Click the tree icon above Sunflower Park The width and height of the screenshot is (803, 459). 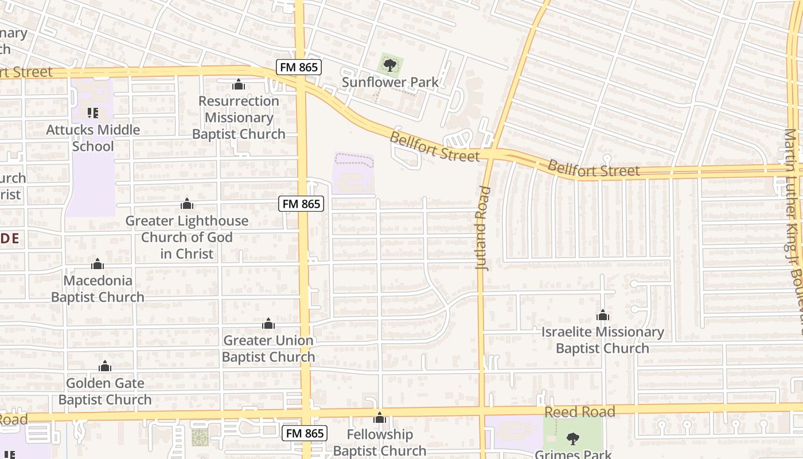pos(390,65)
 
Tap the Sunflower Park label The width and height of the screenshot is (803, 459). pos(390,82)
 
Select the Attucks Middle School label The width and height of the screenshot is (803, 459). pos(93,138)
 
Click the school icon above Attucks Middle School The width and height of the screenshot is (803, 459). pos(93,113)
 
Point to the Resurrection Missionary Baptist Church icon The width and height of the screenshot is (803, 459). pos(239,85)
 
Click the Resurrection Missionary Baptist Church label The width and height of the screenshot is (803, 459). pos(239,118)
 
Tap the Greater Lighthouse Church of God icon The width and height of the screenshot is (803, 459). pos(187,204)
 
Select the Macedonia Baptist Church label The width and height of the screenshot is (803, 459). pos(98,289)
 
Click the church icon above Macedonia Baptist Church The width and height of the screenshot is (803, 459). pos(98,264)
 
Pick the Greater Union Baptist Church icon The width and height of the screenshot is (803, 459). pos(268,324)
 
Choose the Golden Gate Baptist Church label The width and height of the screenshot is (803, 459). pos(105,391)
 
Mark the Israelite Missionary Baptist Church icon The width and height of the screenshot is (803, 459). pos(602,316)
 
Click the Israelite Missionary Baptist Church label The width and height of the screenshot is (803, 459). pos(602,340)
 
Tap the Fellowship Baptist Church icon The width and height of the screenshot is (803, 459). pos(379,418)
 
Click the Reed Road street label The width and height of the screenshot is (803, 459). pos(579,412)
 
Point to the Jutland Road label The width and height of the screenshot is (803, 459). pos(483,228)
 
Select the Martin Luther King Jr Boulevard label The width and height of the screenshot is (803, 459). pos(793,229)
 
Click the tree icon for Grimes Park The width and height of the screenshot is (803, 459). pos(572,439)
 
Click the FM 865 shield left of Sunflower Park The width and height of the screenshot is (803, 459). pos(298,67)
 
